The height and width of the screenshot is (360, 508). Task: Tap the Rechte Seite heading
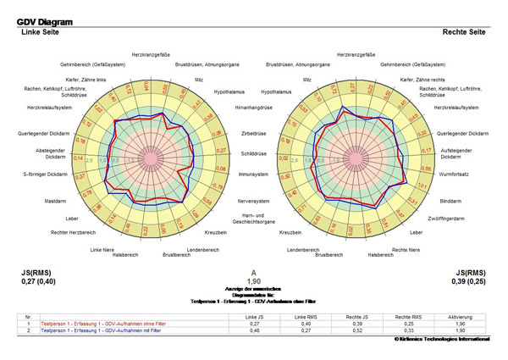click(465, 32)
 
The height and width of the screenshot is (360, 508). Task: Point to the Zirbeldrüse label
click(253, 134)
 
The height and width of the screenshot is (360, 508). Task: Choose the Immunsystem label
click(254, 174)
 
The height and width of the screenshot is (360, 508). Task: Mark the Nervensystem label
click(254, 202)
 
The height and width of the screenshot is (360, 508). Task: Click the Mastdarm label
click(55, 201)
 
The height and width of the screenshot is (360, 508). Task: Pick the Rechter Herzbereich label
click(72, 231)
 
